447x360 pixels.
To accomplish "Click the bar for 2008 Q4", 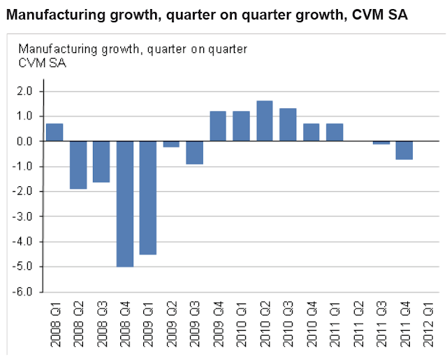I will pyautogui.click(x=125, y=204).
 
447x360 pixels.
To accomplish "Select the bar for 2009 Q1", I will pyautogui.click(x=148, y=197).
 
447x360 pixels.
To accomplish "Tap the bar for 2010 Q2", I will pyautogui.click(x=265, y=121).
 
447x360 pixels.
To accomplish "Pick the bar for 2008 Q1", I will pyautogui.click(x=54, y=132).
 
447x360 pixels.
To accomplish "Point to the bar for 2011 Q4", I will pyautogui.click(x=404, y=150).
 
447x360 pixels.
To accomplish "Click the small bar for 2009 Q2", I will pyautogui.click(x=171, y=144).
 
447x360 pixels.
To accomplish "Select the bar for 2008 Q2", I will pyautogui.click(x=78, y=165).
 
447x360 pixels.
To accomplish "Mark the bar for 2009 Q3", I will pyautogui.click(x=195, y=152).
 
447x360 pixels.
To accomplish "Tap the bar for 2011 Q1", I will pyautogui.click(x=335, y=132).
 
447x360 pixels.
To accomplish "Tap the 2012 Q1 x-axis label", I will pyautogui.click(x=428, y=320).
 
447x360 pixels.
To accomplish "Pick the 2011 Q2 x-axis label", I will pyautogui.click(x=358, y=320).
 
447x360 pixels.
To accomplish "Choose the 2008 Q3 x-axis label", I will pyautogui.click(x=101, y=320).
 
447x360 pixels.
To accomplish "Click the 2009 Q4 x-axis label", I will pyautogui.click(x=218, y=320).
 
